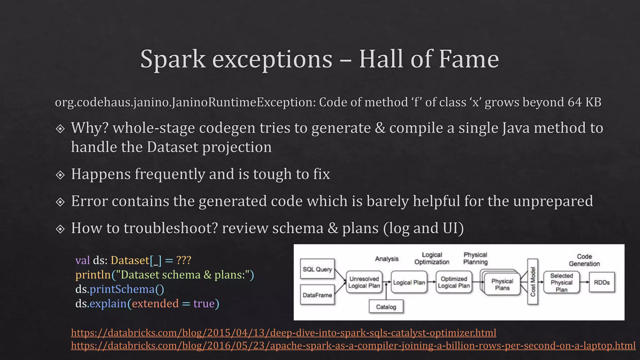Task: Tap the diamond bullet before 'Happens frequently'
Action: pos(60,175)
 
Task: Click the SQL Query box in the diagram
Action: pos(317,269)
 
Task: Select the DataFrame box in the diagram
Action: pos(317,295)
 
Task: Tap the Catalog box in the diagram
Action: pos(386,307)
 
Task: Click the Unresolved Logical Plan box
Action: pos(364,282)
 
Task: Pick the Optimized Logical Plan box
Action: pos(454,282)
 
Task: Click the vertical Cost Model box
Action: pos(533,282)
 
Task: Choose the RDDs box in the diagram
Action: pos(602,282)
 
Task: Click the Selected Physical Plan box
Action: pos(561,282)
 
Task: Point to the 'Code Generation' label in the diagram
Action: pos(584,260)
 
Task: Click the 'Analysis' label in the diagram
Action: pos(387,259)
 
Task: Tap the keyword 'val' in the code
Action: pos(82,260)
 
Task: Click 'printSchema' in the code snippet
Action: pos(122,289)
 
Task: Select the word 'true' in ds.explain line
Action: pos(204,304)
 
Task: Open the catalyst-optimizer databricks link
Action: pos(283,333)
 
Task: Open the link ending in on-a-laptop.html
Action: pos(353,346)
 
